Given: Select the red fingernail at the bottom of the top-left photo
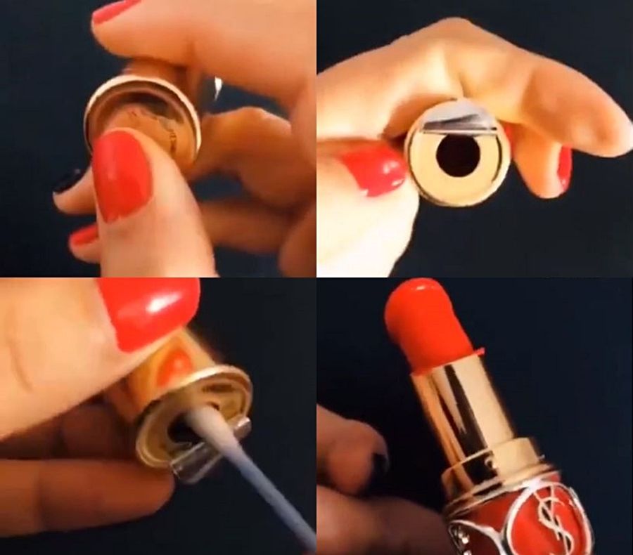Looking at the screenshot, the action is [x=84, y=238].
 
